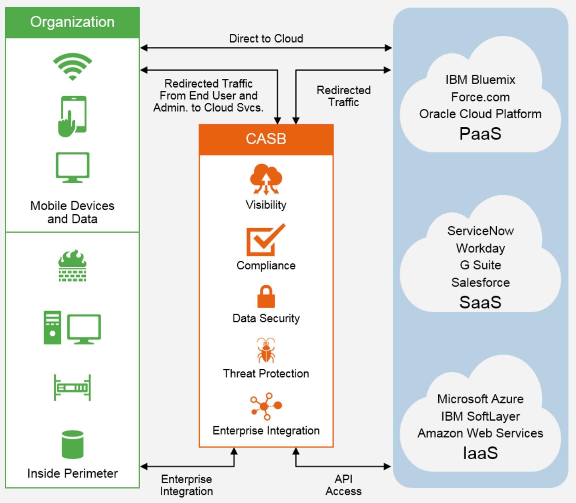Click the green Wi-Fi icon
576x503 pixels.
72,67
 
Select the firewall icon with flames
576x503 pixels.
72,265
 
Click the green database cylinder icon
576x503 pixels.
72,444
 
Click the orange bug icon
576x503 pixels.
266,350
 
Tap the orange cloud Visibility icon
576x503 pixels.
266,179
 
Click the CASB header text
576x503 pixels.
266,139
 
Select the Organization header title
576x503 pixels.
72,22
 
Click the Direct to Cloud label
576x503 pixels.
266,39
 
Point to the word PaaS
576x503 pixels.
480,134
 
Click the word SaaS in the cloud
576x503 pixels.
480,302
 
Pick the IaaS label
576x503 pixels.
480,453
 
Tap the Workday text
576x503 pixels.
480,248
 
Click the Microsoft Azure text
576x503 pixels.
480,399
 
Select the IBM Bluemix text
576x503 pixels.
480,80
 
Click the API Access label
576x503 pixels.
343,485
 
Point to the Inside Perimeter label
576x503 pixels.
72,473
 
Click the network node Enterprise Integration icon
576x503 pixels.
266,406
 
